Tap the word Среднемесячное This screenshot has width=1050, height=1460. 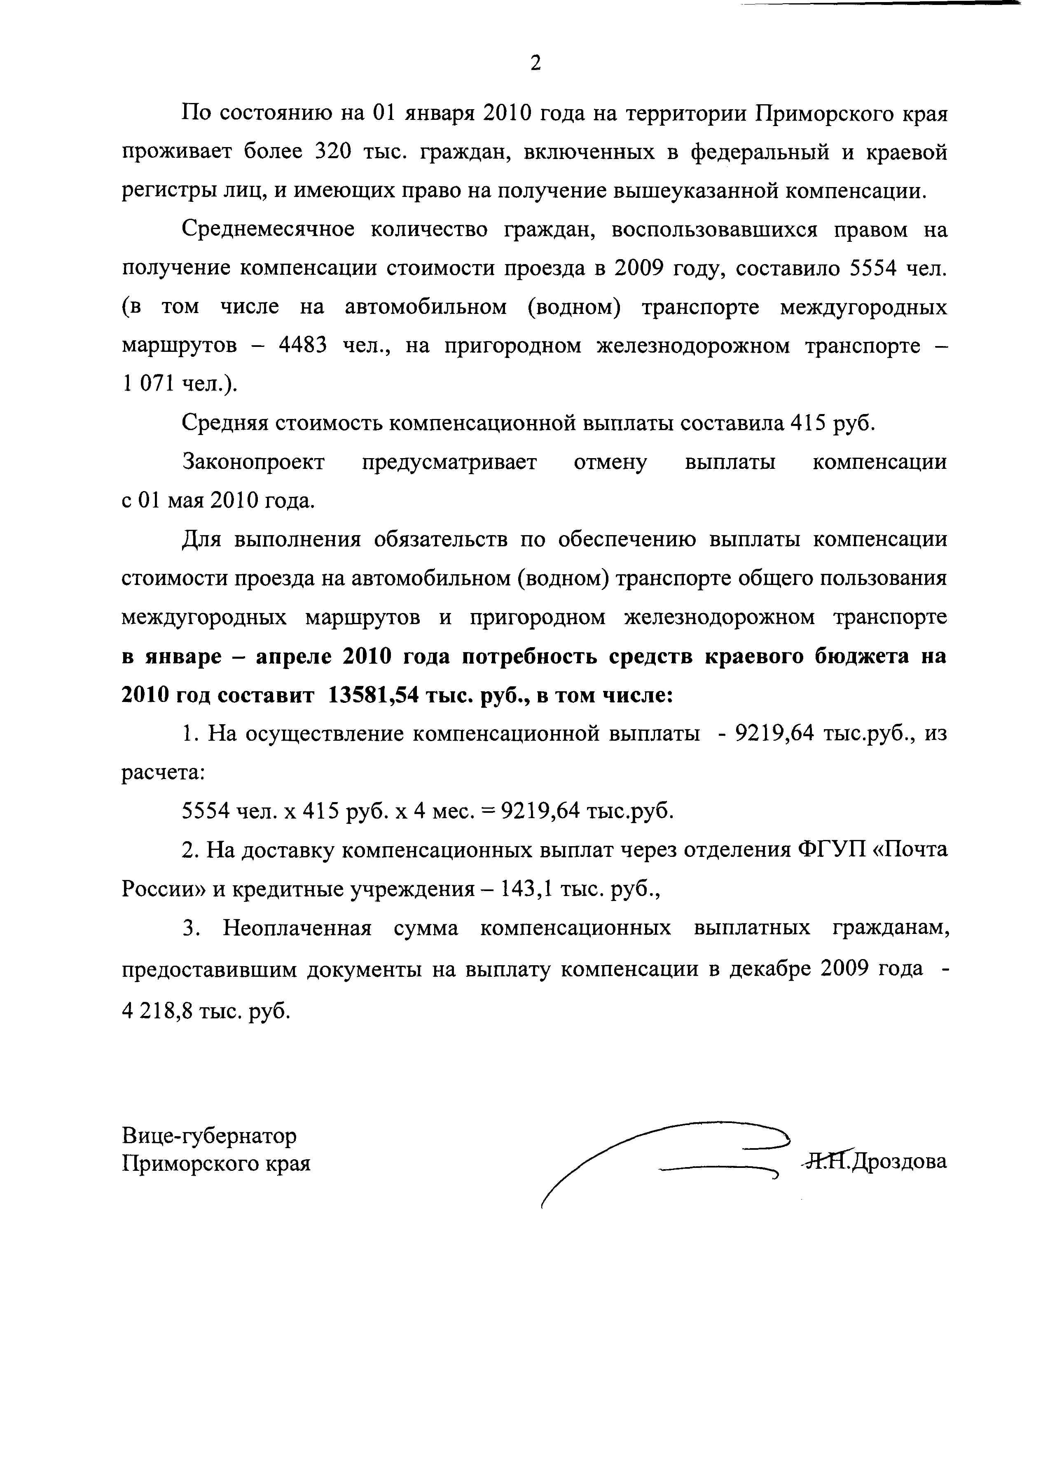click(x=268, y=230)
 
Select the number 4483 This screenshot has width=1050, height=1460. click(x=303, y=346)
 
